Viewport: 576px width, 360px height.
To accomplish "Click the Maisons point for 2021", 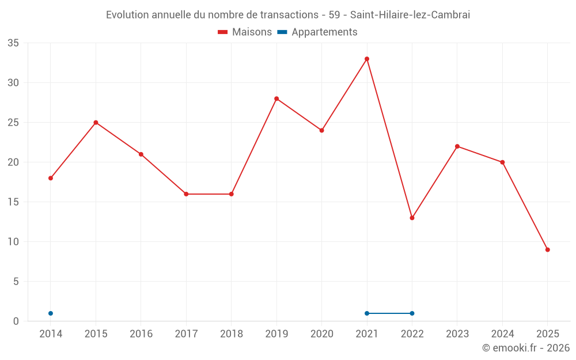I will (x=367, y=59).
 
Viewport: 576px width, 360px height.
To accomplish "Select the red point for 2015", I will (x=96, y=123).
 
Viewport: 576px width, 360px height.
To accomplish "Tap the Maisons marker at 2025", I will (x=548, y=249).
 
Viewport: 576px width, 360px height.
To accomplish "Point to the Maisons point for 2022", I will (x=412, y=218).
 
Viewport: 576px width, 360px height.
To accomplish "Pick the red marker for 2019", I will (x=276, y=98).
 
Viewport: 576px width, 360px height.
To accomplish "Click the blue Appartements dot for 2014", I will (x=51, y=313).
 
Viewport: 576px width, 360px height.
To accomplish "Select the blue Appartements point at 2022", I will (x=412, y=313).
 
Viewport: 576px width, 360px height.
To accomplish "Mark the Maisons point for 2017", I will (x=186, y=194).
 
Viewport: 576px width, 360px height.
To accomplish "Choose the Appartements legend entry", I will (x=324, y=32).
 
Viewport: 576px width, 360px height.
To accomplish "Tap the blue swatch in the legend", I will (x=282, y=32).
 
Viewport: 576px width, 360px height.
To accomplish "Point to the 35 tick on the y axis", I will (x=13, y=43).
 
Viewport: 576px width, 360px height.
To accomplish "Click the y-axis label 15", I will (x=13, y=202).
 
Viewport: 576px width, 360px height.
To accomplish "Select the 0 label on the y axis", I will (x=16, y=321).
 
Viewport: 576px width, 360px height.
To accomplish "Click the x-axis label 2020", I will (x=322, y=334).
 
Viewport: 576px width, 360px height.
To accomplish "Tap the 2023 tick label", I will (x=457, y=334).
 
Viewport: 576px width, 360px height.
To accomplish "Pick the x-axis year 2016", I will (x=141, y=334).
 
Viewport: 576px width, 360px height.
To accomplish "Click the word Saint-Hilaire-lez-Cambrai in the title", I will (x=410, y=15).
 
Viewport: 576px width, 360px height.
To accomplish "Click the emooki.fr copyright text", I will (x=526, y=348).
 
